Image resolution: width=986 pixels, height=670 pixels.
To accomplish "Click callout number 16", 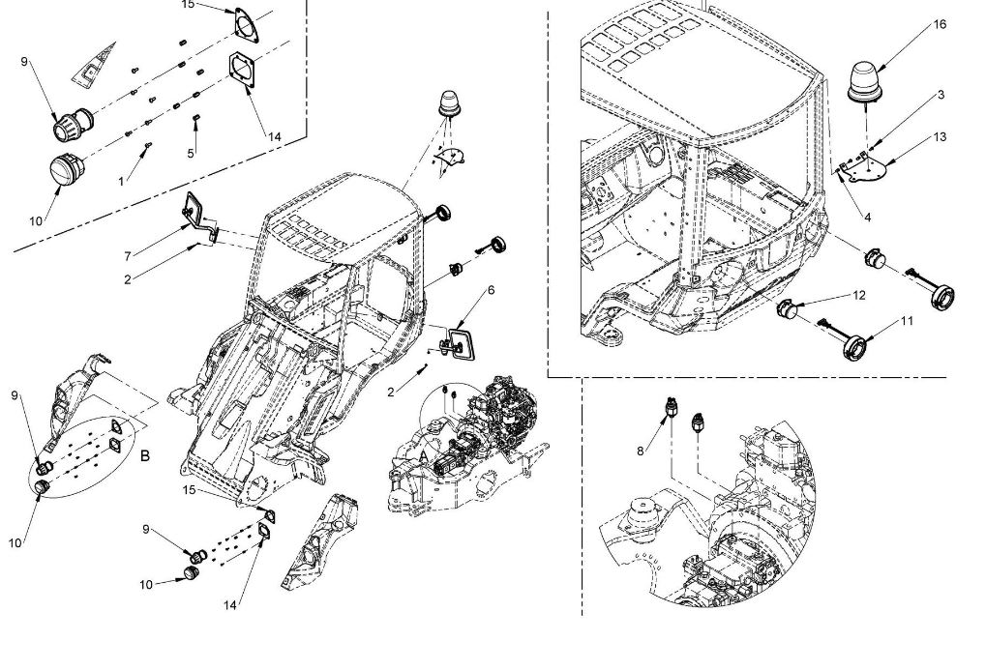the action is click(939, 24).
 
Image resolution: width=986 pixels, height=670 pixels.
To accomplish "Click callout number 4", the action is click(868, 218).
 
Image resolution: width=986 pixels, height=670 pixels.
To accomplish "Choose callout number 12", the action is click(859, 296).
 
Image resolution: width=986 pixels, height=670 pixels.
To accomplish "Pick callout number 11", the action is click(906, 321).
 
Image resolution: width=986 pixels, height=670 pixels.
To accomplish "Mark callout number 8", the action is click(641, 451).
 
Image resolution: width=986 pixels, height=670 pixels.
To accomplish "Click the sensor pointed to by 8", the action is click(671, 409).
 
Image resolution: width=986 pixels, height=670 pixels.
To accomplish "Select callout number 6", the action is click(492, 290).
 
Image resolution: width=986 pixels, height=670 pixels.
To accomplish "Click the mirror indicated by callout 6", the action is click(461, 343).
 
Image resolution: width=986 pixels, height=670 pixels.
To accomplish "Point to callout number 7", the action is click(128, 256).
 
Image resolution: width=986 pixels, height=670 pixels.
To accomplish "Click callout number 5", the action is click(191, 153).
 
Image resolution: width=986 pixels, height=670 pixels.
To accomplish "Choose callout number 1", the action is click(121, 182).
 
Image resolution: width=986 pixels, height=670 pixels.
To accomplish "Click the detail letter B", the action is click(144, 455).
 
